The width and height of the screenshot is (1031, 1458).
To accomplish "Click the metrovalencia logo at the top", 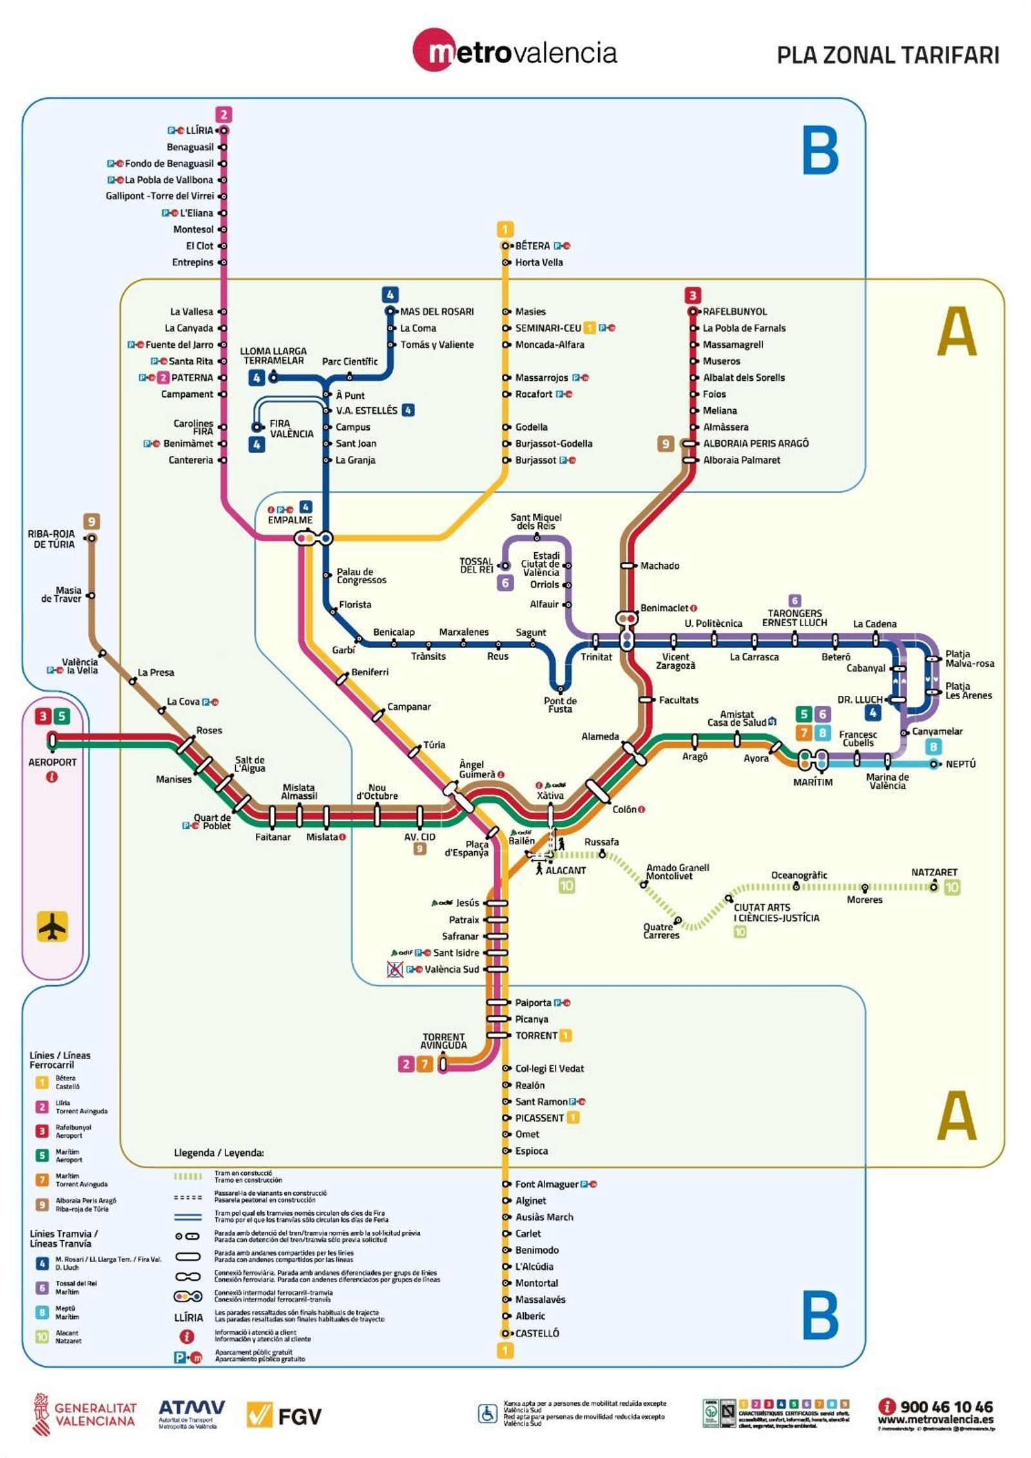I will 514,51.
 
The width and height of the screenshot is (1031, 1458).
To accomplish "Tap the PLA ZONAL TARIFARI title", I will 887,55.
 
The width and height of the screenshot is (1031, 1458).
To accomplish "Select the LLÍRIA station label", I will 199,130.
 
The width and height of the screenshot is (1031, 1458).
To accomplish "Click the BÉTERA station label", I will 532,245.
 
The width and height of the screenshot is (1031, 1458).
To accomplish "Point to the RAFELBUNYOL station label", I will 735,311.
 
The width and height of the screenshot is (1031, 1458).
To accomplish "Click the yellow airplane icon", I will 52,926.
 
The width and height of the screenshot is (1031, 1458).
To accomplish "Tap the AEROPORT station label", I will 52,762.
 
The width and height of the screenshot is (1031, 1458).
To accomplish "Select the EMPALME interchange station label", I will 290,520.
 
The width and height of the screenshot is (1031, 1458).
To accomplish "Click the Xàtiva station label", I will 550,795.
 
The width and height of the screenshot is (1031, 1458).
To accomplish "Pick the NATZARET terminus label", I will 934,872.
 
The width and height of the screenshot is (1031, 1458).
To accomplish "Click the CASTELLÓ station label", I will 537,1333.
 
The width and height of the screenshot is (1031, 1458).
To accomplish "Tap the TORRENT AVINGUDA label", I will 443,1041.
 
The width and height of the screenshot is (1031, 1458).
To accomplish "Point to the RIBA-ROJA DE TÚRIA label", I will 51,539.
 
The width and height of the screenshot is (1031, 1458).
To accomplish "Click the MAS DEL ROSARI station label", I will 437,311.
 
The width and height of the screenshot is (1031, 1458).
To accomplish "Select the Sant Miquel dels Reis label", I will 535,521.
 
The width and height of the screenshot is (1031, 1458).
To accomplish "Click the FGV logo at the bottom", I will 284,1415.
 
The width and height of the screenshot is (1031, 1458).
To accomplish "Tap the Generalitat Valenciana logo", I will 84,1414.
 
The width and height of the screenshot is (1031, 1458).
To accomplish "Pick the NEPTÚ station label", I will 960,763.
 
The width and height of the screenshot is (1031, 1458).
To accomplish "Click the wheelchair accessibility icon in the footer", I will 487,1414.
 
